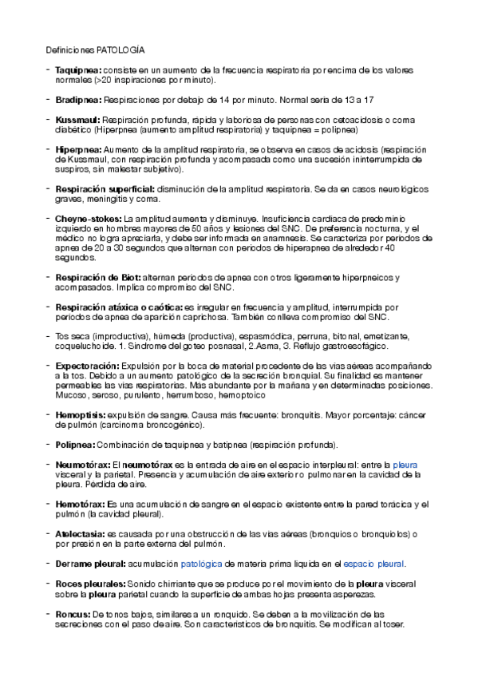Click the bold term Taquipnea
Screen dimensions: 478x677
[78, 70]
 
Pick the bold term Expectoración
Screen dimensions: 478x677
[86, 366]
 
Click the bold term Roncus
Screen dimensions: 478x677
[73, 613]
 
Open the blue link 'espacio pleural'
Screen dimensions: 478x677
[373, 564]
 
